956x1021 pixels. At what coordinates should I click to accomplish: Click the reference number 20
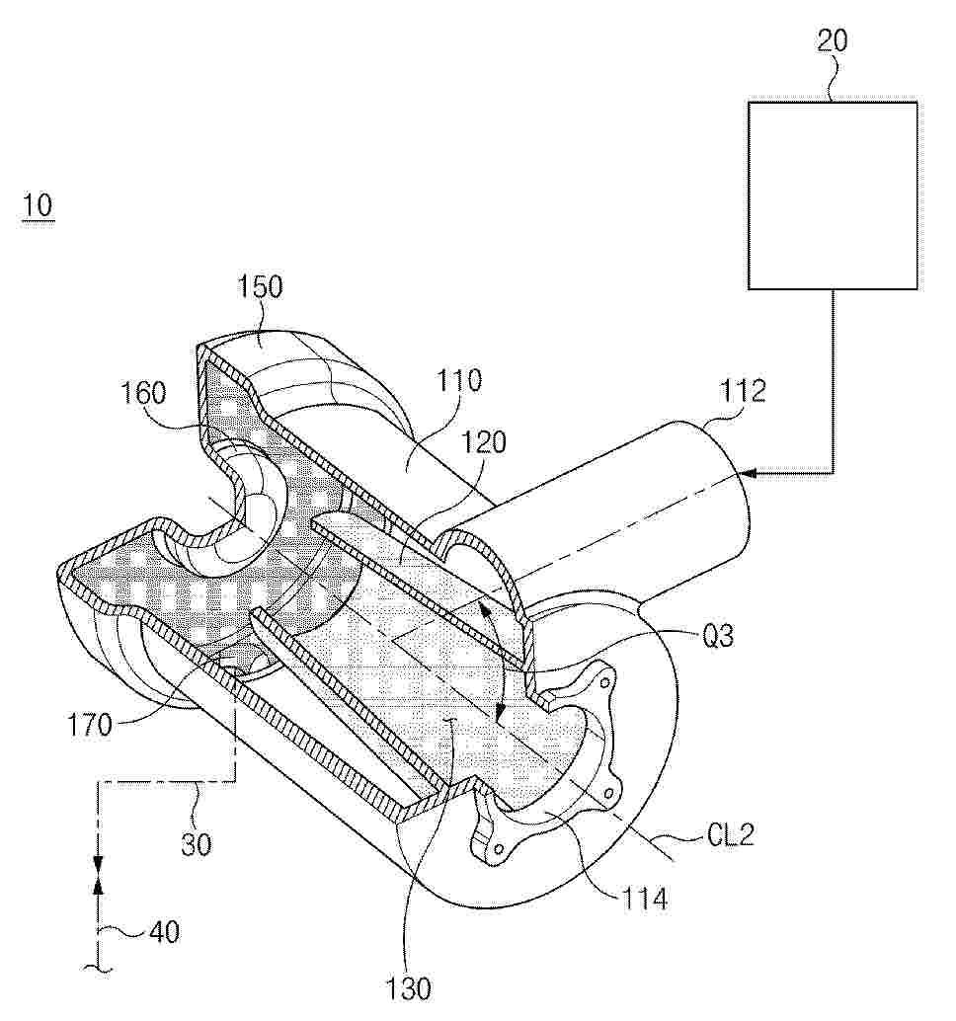pos(832,41)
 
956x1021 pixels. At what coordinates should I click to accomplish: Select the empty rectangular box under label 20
pos(833,195)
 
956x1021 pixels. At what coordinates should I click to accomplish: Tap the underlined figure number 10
pos(38,205)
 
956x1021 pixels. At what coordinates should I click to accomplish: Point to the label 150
pos(260,287)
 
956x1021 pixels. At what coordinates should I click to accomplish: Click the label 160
pos(144,393)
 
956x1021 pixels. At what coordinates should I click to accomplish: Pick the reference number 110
pos(458,380)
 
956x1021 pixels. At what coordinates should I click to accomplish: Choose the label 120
pos(483,442)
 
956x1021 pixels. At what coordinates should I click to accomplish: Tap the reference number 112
pos(743,391)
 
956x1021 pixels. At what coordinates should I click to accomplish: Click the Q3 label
pos(718,636)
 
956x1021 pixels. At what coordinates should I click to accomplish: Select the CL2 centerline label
pos(730,835)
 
